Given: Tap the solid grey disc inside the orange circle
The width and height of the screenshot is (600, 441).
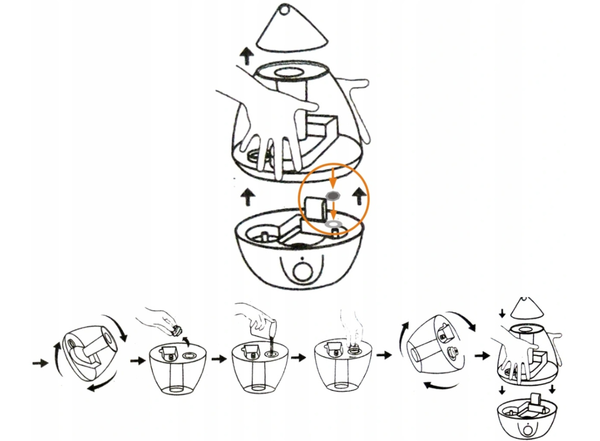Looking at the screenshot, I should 333,195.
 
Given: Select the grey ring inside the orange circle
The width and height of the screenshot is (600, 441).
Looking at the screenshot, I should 333,223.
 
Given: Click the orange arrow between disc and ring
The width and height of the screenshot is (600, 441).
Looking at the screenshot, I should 333,209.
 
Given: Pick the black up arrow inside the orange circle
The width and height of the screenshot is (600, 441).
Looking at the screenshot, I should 360,194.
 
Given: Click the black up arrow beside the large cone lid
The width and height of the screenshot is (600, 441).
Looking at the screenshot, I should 247,56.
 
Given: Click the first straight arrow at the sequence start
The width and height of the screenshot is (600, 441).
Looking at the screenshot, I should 39,363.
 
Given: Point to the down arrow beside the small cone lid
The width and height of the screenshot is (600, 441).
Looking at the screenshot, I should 502,312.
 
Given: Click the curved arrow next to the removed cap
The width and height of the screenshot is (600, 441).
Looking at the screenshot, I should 187,340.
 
